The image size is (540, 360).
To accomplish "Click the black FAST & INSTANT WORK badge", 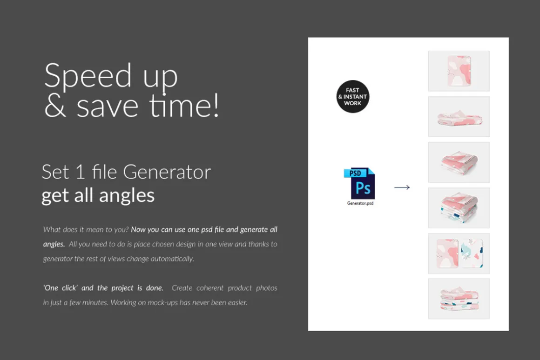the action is point(353,96).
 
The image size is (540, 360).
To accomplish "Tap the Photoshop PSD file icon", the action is point(359,183).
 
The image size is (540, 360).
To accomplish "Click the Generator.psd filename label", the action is point(360,203).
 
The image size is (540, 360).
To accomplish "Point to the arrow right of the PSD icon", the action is point(402,187).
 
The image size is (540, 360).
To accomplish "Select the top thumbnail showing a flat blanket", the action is point(459,71).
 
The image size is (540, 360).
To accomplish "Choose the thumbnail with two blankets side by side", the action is point(459,253).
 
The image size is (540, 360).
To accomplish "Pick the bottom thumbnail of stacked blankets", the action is point(459,299).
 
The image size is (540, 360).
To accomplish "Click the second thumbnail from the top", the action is point(459,117).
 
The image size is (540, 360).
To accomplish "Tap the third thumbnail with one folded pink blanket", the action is point(459,162).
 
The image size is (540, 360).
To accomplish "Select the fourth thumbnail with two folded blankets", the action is point(459,208).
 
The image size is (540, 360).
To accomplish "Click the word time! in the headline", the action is point(184,106).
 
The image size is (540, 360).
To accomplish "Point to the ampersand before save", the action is point(55,106).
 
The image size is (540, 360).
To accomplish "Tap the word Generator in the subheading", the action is point(167,172).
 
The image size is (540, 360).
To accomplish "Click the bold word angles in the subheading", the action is point(127,196).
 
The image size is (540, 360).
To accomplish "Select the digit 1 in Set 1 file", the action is point(80,172).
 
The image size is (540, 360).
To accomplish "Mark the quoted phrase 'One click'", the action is point(61,288).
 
